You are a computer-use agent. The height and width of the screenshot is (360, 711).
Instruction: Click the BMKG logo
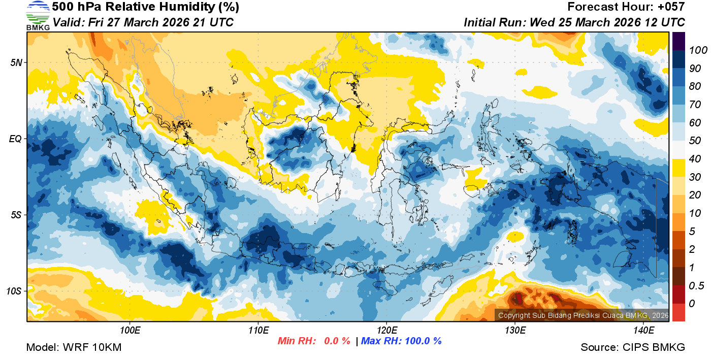point(38,15)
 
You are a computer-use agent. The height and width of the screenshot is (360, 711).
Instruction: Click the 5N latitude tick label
point(16,62)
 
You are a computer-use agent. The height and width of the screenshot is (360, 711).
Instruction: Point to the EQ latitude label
point(16,139)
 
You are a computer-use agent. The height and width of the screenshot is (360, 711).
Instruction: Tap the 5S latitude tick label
point(16,215)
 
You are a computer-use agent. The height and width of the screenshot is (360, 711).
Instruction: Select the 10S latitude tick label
point(14,291)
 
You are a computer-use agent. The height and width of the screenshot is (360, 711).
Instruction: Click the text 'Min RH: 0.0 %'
point(314,341)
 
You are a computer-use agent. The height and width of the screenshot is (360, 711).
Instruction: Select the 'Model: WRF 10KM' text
point(74,348)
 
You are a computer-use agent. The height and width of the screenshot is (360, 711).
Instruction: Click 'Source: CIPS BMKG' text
point(633,348)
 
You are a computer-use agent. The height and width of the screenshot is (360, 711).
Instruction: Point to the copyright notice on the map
point(583,315)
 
